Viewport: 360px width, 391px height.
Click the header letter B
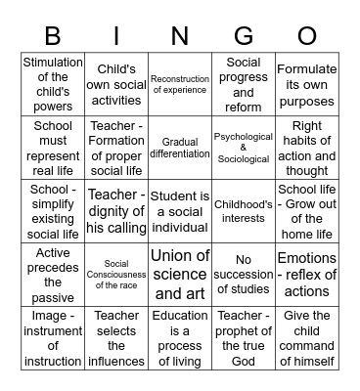[x=53, y=35]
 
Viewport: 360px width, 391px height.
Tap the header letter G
[x=243, y=35]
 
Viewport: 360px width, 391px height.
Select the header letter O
[x=307, y=35]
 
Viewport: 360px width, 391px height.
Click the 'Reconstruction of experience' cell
[x=180, y=84]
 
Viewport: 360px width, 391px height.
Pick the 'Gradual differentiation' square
[x=180, y=148]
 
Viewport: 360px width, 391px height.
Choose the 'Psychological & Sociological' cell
[x=244, y=148]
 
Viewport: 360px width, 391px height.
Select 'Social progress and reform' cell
[x=244, y=84]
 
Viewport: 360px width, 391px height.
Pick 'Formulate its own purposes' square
[x=307, y=84]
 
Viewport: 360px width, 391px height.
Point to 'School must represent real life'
[x=53, y=148]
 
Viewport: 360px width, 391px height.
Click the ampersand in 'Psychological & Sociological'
[x=244, y=148]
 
